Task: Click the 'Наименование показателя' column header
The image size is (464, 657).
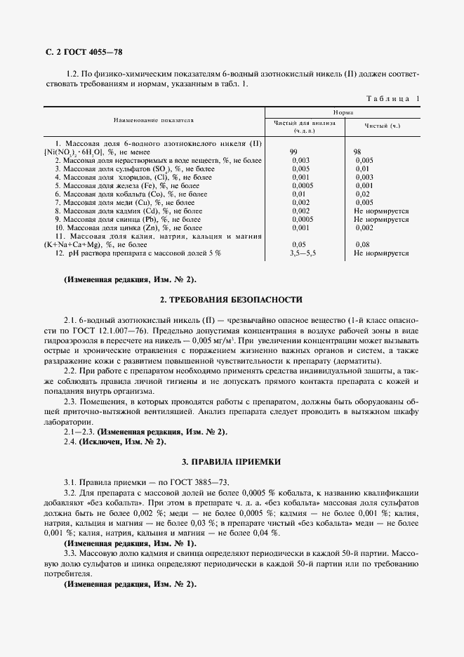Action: pyautogui.click(x=154, y=120)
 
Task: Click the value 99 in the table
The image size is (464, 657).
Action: pyautogui.click(x=295, y=152)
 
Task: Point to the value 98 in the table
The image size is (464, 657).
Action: pyautogui.click(x=357, y=152)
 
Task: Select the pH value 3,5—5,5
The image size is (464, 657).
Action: pyautogui.click(x=303, y=253)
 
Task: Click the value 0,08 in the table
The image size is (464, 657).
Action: pyautogui.click(x=362, y=244)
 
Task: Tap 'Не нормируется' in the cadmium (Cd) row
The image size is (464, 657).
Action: pyautogui.click(x=381, y=211)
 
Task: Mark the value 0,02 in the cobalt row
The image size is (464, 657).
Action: pyautogui.click(x=362, y=194)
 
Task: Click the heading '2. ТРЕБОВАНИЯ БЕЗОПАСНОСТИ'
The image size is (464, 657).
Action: pyautogui.click(x=231, y=300)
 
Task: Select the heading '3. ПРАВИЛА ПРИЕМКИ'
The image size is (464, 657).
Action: pyautogui.click(x=231, y=462)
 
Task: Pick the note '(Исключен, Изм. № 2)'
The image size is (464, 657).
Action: pyautogui.click(x=122, y=442)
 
